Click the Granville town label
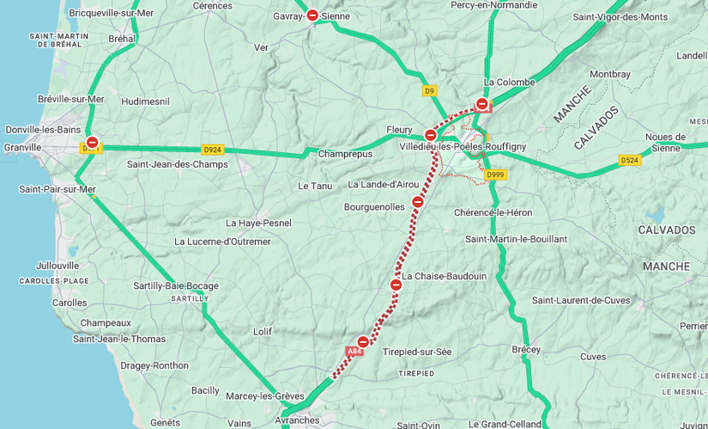(x=22, y=148)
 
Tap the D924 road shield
(x=212, y=150)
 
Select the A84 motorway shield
(x=354, y=352)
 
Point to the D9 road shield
(x=430, y=90)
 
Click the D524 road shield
(x=630, y=160)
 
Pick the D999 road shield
(x=495, y=175)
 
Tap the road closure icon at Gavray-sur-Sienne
(x=312, y=15)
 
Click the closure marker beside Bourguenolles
(x=418, y=202)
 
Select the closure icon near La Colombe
(x=482, y=104)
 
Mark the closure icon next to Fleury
(x=431, y=134)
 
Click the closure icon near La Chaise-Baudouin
(x=396, y=285)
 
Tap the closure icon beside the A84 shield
(x=363, y=341)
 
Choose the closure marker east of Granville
(x=92, y=142)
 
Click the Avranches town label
(x=297, y=420)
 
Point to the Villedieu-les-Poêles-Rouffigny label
(x=463, y=147)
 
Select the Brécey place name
(x=526, y=350)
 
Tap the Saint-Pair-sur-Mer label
(x=57, y=189)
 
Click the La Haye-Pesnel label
(x=258, y=223)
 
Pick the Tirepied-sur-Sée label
(x=416, y=352)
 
